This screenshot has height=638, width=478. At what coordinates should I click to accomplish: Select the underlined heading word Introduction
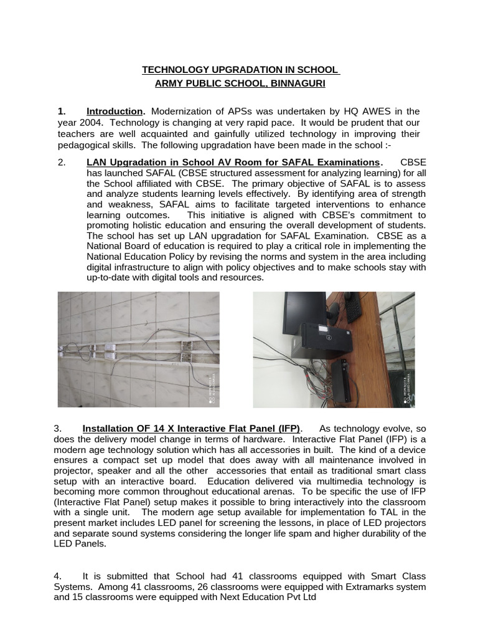pyautogui.click(x=115, y=112)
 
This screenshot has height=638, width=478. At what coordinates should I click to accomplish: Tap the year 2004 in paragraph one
pyautogui.click(x=90, y=123)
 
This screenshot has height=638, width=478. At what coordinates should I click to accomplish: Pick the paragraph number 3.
pyautogui.click(x=57, y=429)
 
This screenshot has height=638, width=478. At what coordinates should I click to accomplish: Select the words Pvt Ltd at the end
pyautogui.click(x=301, y=598)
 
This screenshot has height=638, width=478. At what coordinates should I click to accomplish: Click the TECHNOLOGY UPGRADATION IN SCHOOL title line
pyautogui.click(x=240, y=70)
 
